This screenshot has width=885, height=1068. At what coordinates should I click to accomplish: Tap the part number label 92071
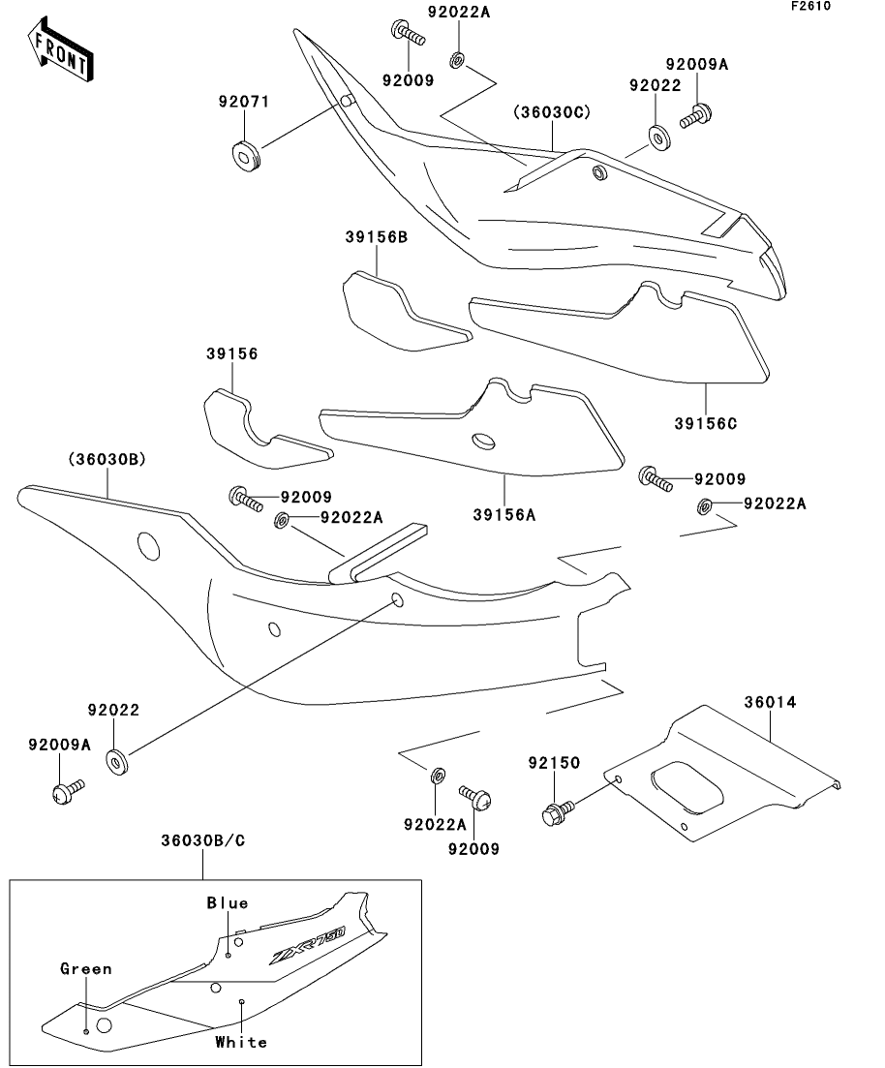tap(244, 102)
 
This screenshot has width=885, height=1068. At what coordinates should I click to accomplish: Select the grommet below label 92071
tap(245, 155)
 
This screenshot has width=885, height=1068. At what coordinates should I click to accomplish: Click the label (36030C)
tap(552, 112)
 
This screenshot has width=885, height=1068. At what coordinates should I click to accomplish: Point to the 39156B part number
tap(376, 237)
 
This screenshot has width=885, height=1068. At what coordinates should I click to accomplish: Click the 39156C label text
tap(706, 423)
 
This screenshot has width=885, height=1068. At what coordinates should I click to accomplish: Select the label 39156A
tap(504, 515)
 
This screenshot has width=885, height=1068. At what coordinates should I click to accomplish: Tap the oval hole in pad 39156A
tap(484, 441)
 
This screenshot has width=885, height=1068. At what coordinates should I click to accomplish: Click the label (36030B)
tap(107, 460)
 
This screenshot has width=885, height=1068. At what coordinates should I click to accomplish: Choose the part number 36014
tap(770, 702)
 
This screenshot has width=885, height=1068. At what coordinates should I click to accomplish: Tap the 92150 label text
tap(554, 763)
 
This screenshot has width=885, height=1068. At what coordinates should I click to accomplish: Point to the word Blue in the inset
tap(228, 903)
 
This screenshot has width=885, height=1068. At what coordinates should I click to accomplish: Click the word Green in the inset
tap(86, 968)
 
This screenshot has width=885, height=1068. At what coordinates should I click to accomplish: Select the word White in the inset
tap(241, 1042)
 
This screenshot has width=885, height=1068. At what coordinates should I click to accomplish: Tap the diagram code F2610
tap(810, 6)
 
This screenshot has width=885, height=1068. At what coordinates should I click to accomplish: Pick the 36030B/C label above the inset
tap(203, 841)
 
